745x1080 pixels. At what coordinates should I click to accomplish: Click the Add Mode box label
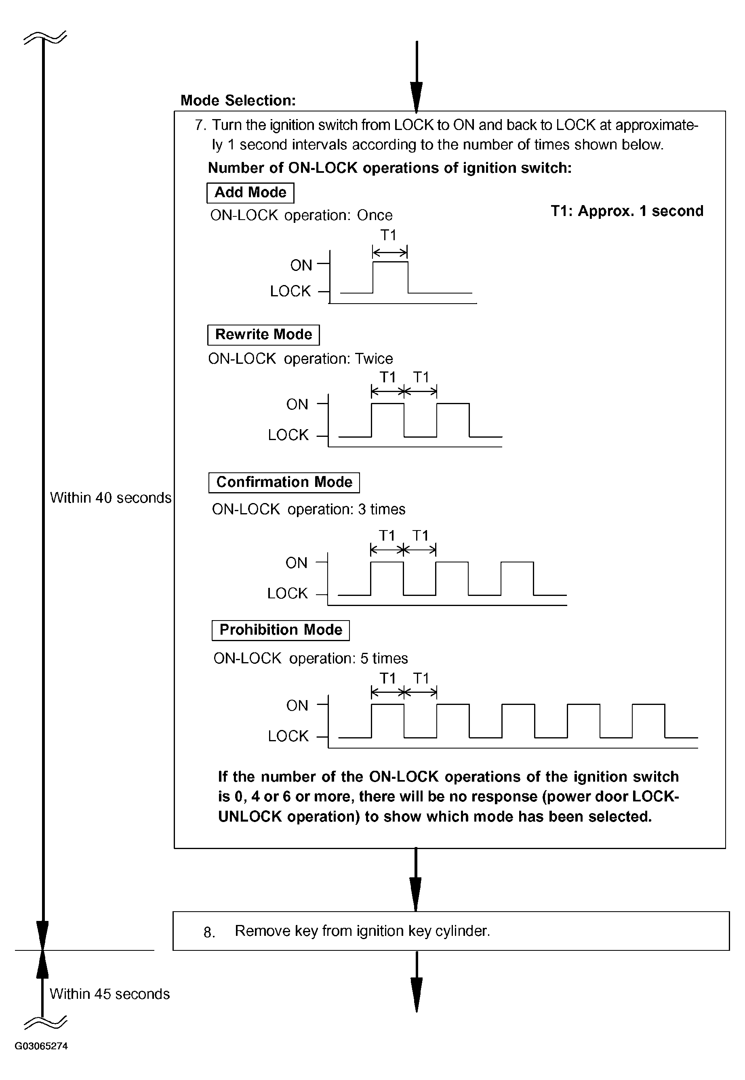click(250, 193)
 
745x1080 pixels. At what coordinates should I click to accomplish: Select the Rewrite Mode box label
click(263, 334)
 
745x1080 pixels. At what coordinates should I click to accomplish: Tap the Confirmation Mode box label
click(284, 482)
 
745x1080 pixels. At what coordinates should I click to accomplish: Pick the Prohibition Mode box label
click(280, 630)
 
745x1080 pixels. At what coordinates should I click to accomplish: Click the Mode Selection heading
click(238, 100)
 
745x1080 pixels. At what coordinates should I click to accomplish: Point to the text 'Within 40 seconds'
click(111, 498)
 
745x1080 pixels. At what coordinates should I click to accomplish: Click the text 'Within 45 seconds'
click(110, 994)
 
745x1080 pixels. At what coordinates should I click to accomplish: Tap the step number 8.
click(209, 932)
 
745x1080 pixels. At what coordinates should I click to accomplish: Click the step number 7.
click(200, 125)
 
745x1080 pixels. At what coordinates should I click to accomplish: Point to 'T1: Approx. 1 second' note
click(627, 211)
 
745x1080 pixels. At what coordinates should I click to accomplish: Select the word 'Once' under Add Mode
click(375, 215)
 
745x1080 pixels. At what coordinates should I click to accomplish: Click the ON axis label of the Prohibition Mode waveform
click(297, 705)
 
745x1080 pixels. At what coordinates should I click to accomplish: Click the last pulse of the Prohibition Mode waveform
click(648, 720)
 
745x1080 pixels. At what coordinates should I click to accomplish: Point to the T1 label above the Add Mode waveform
click(388, 235)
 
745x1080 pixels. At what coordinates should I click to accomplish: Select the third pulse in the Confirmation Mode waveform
click(517, 579)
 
